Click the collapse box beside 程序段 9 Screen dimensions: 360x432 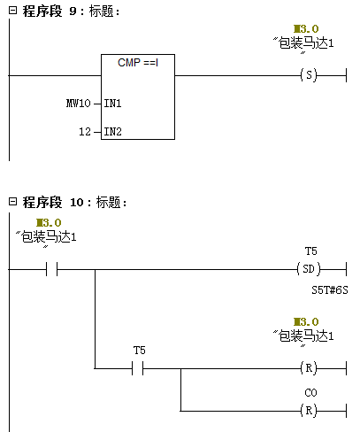[x=12, y=11]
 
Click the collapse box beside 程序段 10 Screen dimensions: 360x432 [x=12, y=202]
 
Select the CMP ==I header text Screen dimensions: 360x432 [x=138, y=63]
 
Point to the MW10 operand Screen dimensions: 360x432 [x=78, y=104]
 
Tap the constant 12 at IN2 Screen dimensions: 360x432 [x=85, y=132]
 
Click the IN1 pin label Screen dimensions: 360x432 [x=112, y=104]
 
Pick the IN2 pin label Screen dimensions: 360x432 [x=112, y=132]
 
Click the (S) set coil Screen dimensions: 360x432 [x=309, y=75]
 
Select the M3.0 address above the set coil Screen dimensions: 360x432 [x=306, y=29]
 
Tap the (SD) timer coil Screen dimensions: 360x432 [x=309, y=269]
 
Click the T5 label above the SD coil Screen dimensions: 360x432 [x=310, y=251]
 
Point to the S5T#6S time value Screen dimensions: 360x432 [x=330, y=290]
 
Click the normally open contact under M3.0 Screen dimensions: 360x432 [x=51, y=269]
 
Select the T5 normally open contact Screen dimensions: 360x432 [x=138, y=368]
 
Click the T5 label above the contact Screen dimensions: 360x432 [x=139, y=351]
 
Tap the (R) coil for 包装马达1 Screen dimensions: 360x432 [x=309, y=368]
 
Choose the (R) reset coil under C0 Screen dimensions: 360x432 [x=309, y=411]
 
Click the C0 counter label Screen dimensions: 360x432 [x=310, y=393]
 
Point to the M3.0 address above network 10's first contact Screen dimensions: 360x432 [x=49, y=223]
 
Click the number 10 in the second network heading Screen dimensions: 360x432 [x=77, y=203]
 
